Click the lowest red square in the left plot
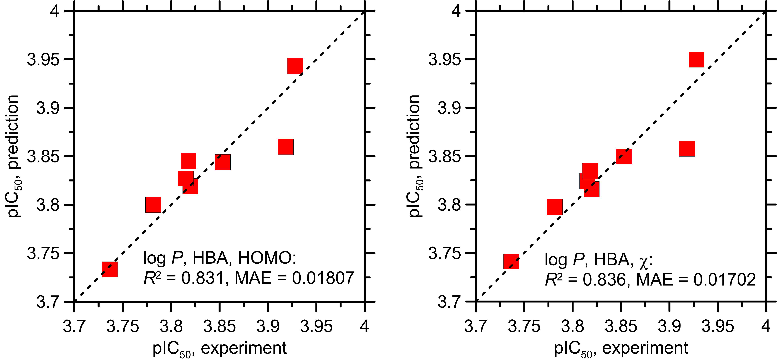[x=110, y=269]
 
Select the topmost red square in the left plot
[x=295, y=66]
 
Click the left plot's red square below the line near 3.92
[x=285, y=147]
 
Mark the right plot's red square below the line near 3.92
[x=687, y=148]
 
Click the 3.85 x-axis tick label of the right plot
[x=621, y=327]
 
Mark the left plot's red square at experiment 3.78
[x=153, y=205]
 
